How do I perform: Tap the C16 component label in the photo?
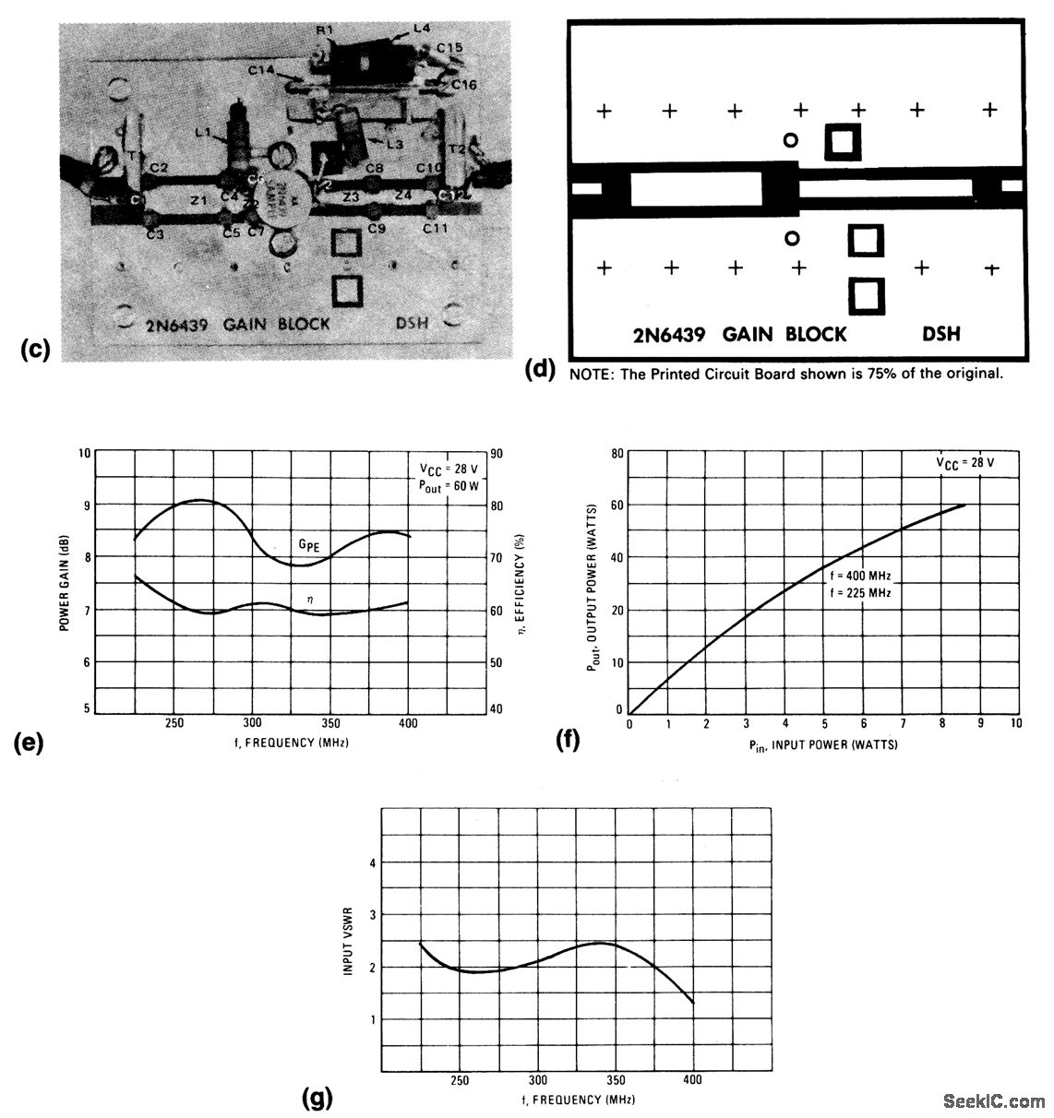464,84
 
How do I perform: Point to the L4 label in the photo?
422,29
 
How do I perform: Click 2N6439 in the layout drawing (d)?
669,334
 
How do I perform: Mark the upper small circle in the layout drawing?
790,140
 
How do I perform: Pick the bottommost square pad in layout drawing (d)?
867,296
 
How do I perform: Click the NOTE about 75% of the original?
785,375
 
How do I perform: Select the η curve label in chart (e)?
310,600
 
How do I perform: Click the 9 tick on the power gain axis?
87,505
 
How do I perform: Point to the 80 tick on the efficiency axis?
496,505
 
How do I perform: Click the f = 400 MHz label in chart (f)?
860,576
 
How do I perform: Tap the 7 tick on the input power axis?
903,724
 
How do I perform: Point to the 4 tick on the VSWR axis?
373,863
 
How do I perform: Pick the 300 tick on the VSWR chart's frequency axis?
538,1080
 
